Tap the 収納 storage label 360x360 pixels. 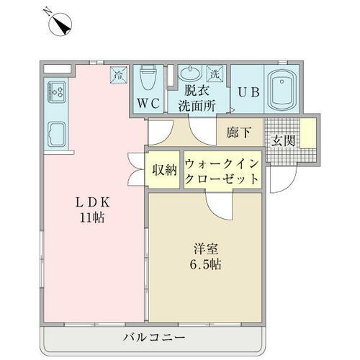point(164,171)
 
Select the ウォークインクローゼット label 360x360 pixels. point(221,171)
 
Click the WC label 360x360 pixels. point(149,103)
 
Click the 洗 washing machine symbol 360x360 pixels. point(215,73)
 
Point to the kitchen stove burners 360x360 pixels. point(57,91)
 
